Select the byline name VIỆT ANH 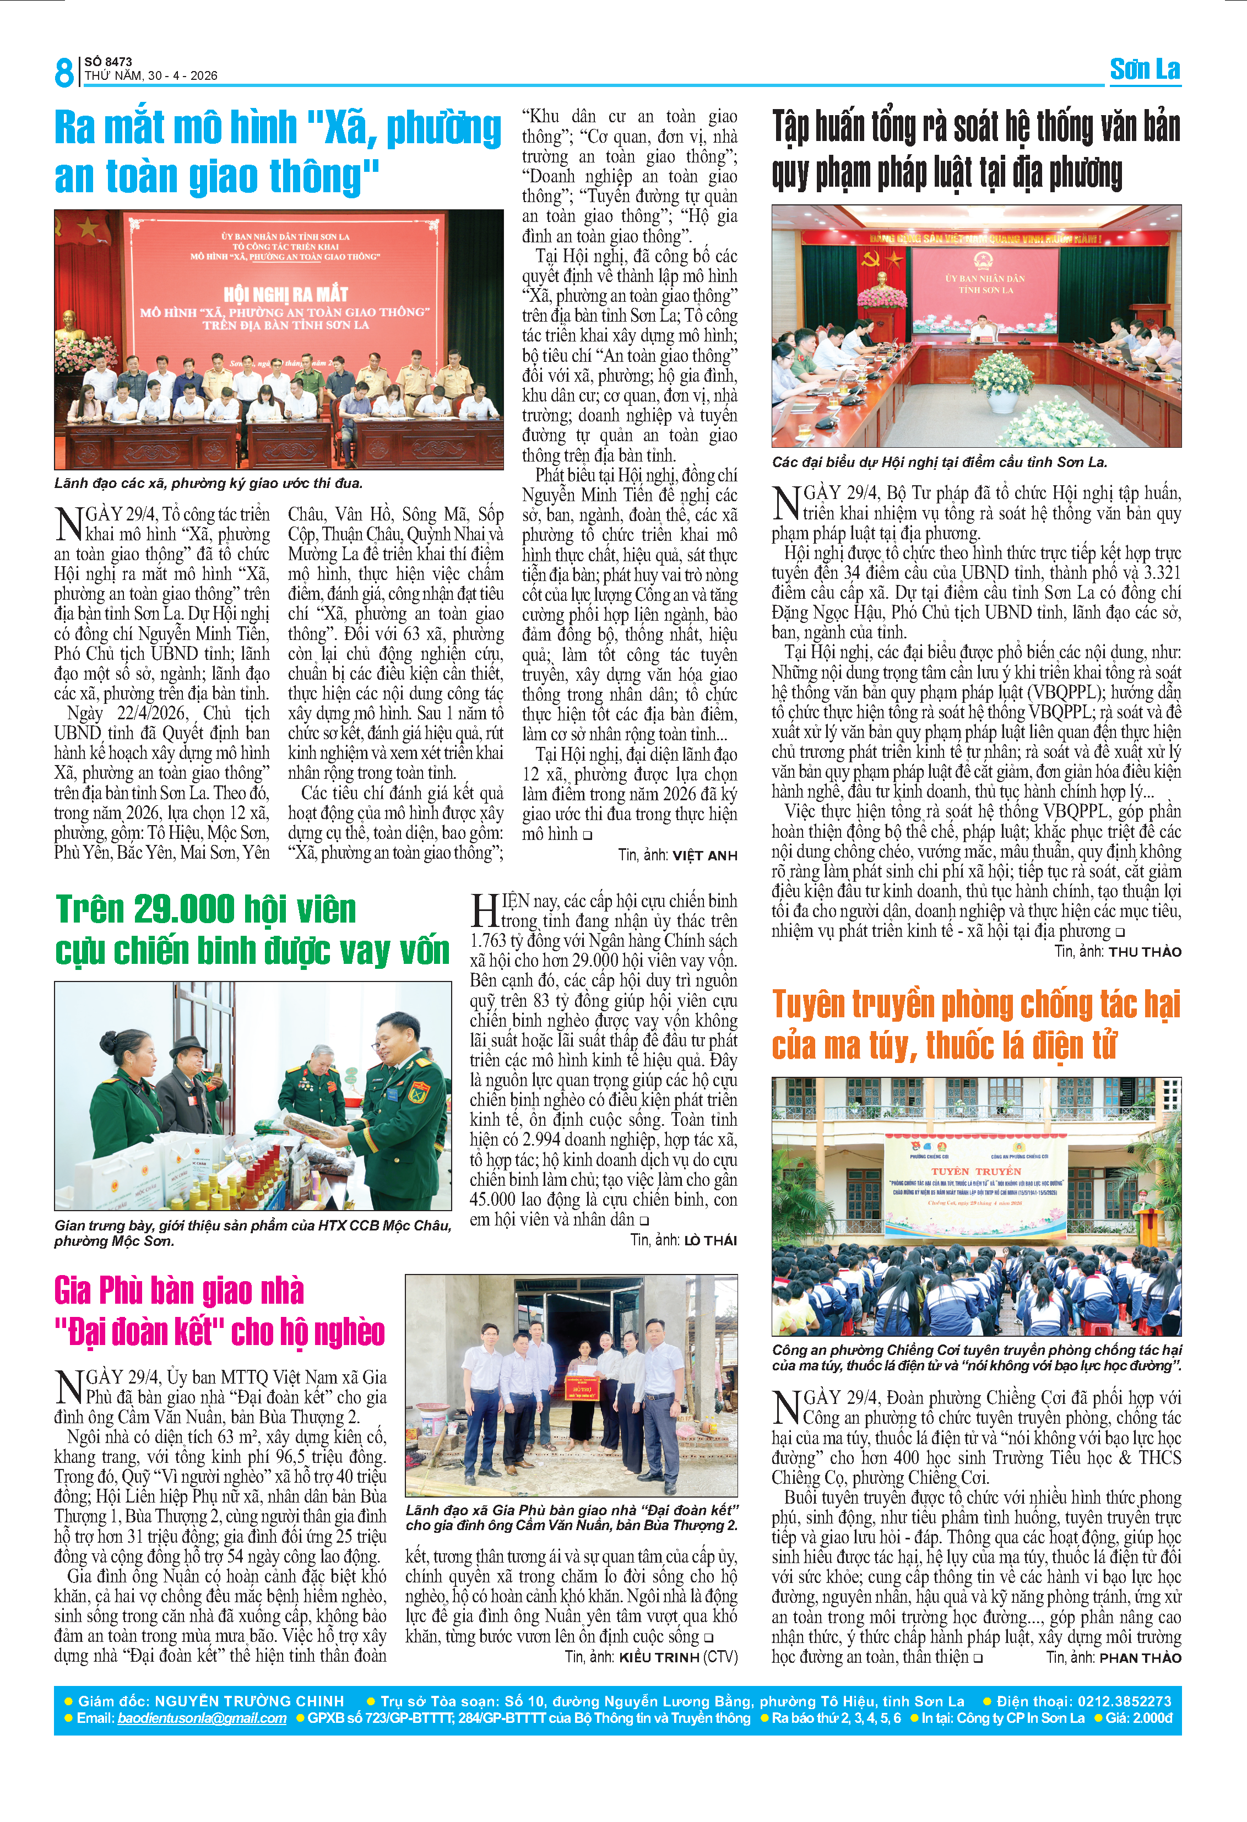coord(704,855)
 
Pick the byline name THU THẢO coord(1145,952)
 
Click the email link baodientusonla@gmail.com coord(202,1718)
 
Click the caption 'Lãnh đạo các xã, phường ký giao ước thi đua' coord(209,483)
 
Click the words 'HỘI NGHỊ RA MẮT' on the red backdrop coord(285,294)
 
